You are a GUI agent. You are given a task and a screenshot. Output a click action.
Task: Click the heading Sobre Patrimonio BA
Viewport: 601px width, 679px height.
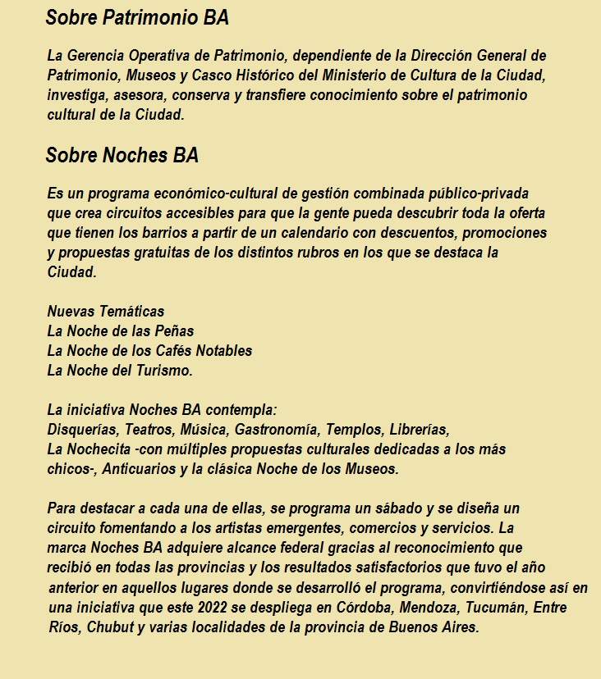[137, 17]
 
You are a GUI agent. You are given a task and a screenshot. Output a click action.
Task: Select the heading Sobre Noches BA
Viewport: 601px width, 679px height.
[122, 155]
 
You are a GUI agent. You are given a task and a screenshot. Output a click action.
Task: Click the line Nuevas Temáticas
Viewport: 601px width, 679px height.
[105, 312]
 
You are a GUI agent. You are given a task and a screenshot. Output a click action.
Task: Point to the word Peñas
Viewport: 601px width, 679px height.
[176, 331]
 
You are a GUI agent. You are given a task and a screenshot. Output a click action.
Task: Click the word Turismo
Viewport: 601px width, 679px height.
[164, 371]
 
